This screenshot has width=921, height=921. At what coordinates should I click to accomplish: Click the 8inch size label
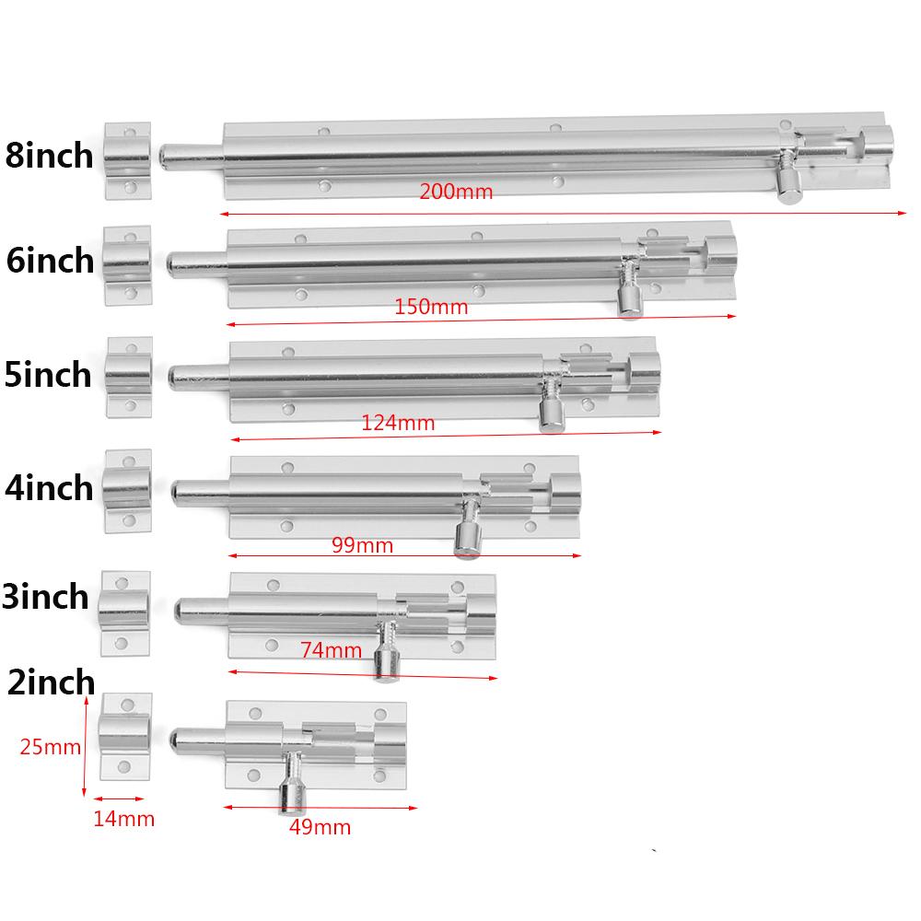[x=49, y=155]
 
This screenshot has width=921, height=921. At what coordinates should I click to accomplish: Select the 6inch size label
[x=50, y=261]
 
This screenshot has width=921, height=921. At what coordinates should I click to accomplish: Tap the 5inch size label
[x=48, y=375]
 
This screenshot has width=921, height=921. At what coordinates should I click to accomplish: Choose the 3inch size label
[x=46, y=597]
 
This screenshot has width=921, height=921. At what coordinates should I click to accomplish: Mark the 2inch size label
[x=50, y=682]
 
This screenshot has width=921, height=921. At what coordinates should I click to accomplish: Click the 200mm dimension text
[x=456, y=192]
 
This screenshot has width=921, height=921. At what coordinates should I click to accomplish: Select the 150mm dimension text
[x=431, y=308]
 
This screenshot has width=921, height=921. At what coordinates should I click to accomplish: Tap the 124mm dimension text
[x=398, y=424]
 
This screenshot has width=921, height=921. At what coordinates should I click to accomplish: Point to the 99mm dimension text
[x=362, y=546]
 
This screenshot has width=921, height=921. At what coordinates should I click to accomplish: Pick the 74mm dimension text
[x=331, y=650]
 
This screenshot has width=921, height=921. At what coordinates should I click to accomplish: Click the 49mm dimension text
[x=320, y=827]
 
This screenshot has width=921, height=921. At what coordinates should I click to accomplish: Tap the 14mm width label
[x=123, y=818]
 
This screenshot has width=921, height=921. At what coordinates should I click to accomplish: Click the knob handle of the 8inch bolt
[x=787, y=188]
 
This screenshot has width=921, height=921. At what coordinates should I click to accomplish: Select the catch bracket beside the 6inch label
[x=127, y=267]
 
